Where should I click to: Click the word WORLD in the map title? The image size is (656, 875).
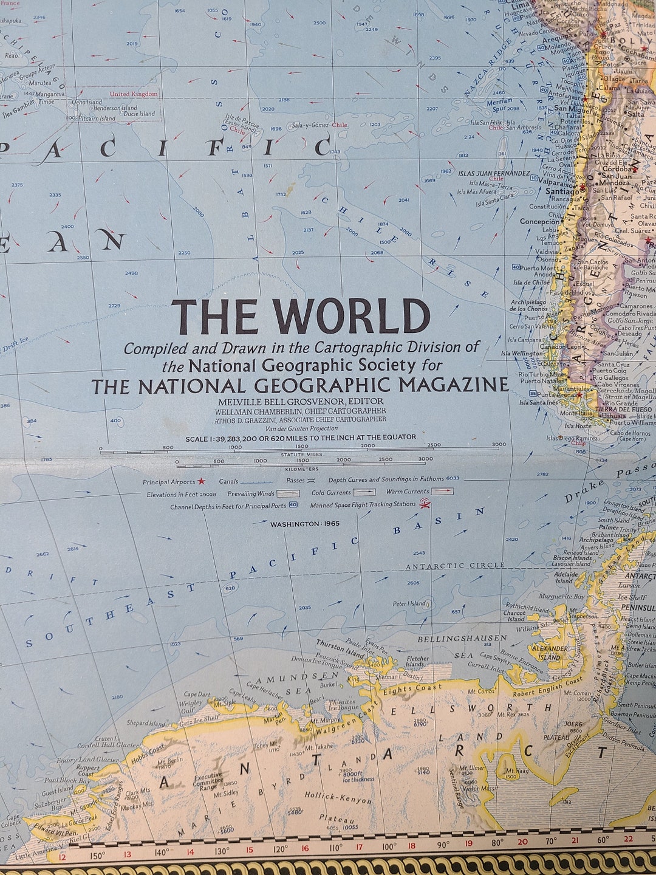point(350,317)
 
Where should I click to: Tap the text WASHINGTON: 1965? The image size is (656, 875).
point(305,524)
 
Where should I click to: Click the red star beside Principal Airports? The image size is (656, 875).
point(201,481)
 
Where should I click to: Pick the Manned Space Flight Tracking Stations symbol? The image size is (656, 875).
point(425,504)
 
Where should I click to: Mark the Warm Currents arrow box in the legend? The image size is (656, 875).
point(442,492)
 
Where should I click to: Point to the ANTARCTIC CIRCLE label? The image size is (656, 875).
point(455,565)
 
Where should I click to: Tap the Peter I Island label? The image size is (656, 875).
point(409,603)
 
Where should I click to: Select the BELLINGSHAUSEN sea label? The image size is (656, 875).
point(462,638)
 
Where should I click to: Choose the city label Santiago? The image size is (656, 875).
point(562,190)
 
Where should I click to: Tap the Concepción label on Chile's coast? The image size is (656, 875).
point(539,222)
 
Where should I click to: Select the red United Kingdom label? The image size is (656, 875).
point(134,94)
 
